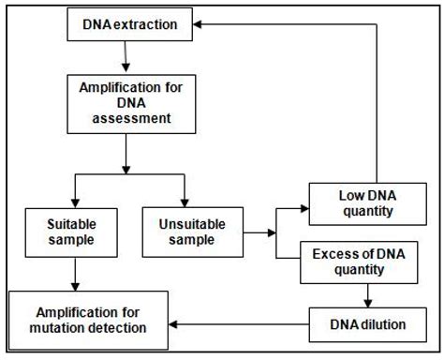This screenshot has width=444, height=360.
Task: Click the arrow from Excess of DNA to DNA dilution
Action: pyautogui.click(x=366, y=295)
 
